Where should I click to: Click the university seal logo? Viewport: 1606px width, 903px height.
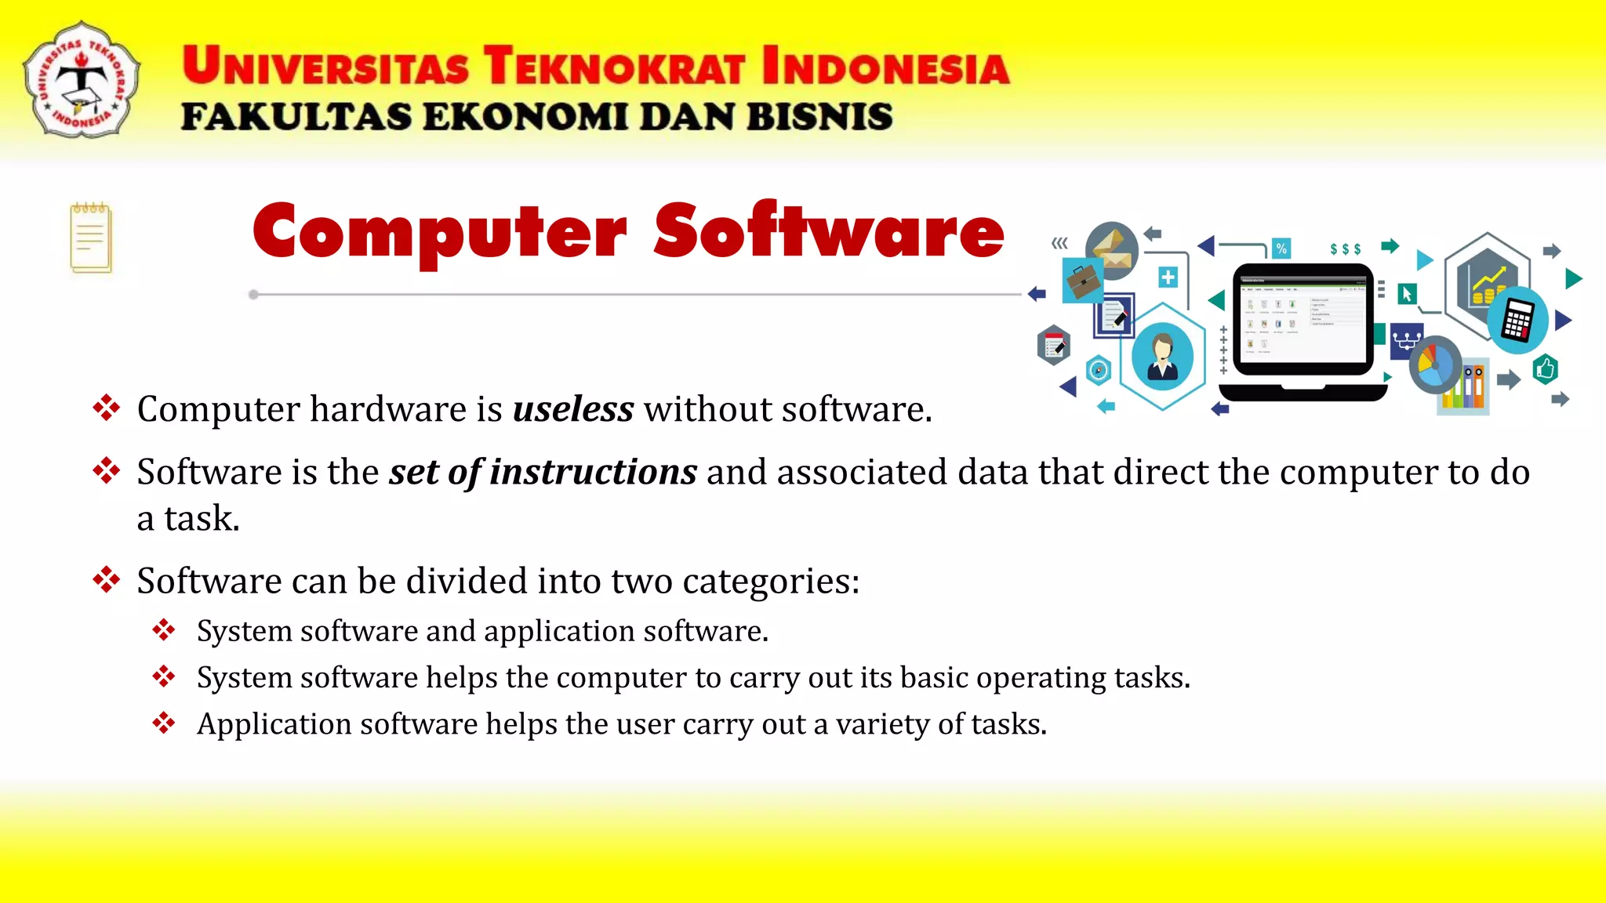(x=82, y=80)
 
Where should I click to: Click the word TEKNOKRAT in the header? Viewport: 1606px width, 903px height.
(x=614, y=66)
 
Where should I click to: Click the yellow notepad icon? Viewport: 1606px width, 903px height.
(x=91, y=238)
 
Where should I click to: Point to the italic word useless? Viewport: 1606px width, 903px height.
(x=573, y=409)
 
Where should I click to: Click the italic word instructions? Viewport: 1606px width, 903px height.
(x=593, y=472)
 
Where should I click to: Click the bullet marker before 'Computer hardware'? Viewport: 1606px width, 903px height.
(x=106, y=408)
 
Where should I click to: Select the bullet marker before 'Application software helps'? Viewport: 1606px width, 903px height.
(x=164, y=723)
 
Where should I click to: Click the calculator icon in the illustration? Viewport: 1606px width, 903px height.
(x=1518, y=320)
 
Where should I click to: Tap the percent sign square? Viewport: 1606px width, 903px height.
(x=1281, y=248)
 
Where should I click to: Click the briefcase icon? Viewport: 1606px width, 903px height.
(x=1083, y=281)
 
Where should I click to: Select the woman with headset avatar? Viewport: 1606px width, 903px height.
(x=1162, y=356)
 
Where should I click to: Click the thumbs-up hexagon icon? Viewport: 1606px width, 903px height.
(x=1545, y=368)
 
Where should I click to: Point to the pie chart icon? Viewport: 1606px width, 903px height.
(x=1434, y=364)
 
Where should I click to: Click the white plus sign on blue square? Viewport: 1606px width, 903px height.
(x=1168, y=277)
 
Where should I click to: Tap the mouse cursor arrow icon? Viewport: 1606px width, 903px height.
(x=1407, y=294)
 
